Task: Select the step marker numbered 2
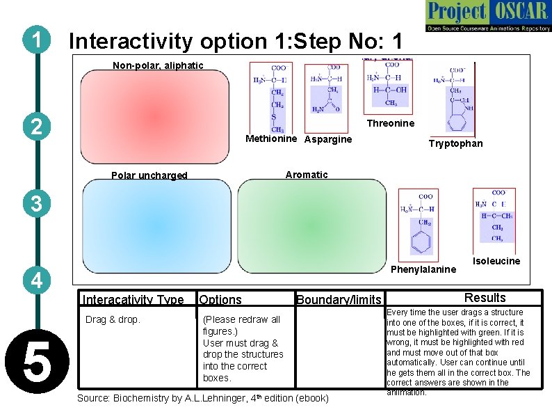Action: click(35, 127)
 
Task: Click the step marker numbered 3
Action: click(35, 203)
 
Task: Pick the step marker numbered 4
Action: click(35, 280)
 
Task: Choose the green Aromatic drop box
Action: click(311, 226)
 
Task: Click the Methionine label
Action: click(273, 139)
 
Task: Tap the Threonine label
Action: click(390, 123)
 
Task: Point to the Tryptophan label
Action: click(455, 143)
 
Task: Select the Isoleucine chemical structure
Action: click(494, 216)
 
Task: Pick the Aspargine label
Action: click(328, 139)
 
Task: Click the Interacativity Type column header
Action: click(133, 300)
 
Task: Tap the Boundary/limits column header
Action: click(339, 300)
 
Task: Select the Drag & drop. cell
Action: click(113, 319)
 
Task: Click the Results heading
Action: click(485, 297)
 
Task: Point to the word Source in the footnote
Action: click(92, 398)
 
